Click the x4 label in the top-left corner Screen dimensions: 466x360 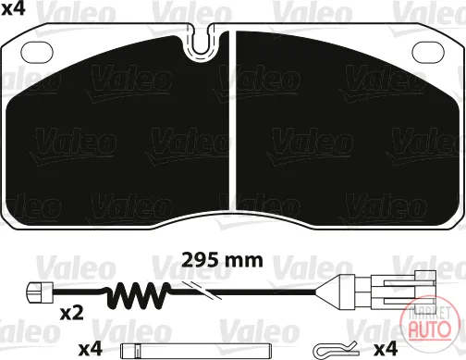(x=13, y=9)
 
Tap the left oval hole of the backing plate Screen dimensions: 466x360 (x=37, y=51)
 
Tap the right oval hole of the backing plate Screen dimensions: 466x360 (x=428, y=51)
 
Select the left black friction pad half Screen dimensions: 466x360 (x=117, y=130)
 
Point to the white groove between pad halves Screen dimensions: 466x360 (x=233, y=120)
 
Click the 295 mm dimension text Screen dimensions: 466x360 (x=222, y=261)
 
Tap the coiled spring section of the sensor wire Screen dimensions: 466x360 (x=138, y=295)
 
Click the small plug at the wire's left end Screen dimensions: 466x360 (x=41, y=292)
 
